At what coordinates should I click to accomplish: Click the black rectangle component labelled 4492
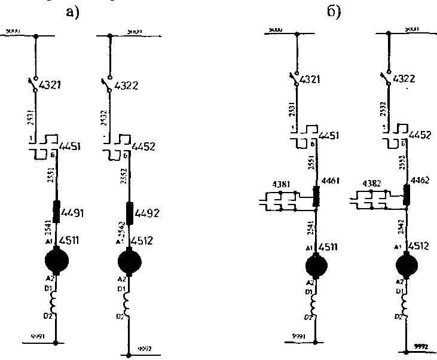coord(129,210)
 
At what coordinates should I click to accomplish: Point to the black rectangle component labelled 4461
coord(316,195)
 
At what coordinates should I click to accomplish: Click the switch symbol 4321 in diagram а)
coord(34,84)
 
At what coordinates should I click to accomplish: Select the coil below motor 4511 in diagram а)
coord(55,305)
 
